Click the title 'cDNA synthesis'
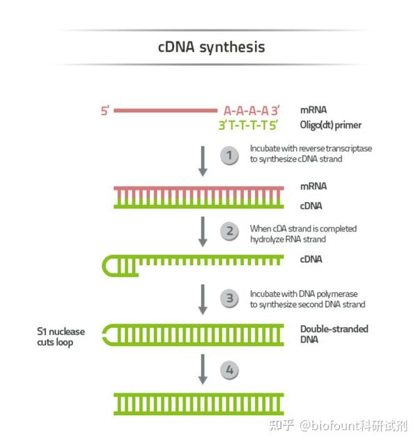point(211,47)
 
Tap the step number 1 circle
point(229,155)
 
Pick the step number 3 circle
point(229,299)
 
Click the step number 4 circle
point(229,370)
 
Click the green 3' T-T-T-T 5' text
point(249,126)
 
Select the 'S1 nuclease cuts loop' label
point(63,336)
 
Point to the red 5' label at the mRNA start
point(105,110)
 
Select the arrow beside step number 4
point(203,369)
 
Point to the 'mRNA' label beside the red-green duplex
point(313,187)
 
